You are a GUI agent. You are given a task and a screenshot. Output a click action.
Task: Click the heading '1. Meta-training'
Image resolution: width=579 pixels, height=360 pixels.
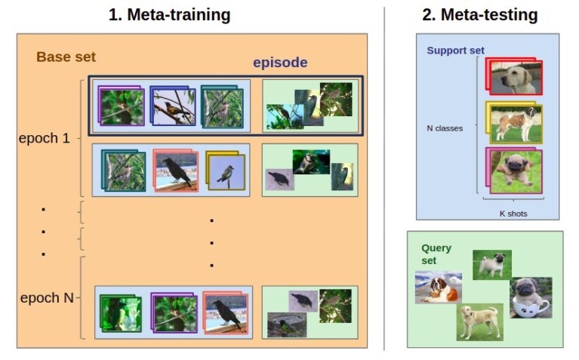click(169, 14)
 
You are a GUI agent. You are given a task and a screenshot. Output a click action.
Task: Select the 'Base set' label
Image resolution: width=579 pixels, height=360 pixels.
click(66, 57)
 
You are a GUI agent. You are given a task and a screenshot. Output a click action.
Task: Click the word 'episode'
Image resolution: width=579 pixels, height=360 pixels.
click(280, 63)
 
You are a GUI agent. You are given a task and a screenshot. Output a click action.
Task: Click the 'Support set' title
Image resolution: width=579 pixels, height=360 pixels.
click(455, 51)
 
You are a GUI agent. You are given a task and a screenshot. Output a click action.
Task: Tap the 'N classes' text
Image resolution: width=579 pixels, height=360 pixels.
click(445, 128)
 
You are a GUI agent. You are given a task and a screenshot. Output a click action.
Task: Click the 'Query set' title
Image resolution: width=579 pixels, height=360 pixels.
click(436, 254)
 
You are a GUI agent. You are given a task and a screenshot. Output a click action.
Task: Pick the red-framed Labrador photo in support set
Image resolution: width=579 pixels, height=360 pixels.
click(515, 78)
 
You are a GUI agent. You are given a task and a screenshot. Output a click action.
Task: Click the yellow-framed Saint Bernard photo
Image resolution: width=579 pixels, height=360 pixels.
click(515, 124)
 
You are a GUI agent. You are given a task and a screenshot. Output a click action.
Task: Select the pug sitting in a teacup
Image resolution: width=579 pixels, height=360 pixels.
click(531, 297)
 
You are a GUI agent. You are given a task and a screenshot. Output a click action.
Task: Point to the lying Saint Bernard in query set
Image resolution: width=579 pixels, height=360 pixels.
click(438, 288)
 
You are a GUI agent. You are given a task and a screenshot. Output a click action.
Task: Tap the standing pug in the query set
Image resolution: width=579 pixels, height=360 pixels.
click(492, 265)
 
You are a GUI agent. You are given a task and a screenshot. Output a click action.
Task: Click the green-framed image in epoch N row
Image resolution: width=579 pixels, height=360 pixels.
click(120, 311)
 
